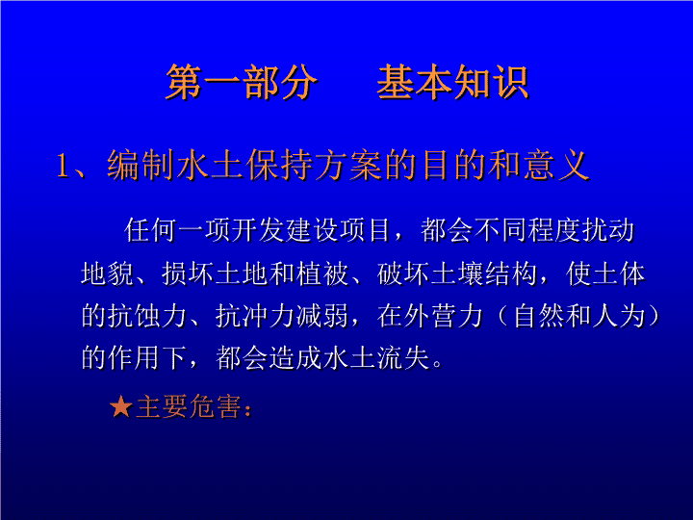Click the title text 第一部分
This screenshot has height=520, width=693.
click(x=242, y=82)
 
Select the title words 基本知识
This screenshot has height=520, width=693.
click(x=452, y=82)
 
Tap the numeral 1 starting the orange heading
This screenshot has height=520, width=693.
click(x=63, y=167)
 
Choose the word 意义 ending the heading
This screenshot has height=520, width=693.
click(x=556, y=166)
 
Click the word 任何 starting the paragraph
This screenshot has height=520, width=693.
click(x=150, y=230)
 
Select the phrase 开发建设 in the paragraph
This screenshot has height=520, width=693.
click(x=285, y=230)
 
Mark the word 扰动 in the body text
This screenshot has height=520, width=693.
click(x=608, y=230)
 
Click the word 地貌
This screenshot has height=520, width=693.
click(x=108, y=273)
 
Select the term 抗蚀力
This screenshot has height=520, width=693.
click(x=134, y=317)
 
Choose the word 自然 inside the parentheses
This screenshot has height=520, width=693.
click(x=539, y=317)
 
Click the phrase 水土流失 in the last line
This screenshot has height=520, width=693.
click(x=376, y=357)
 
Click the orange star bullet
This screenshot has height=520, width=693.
click(x=121, y=406)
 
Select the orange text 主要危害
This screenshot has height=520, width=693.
click(x=189, y=406)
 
